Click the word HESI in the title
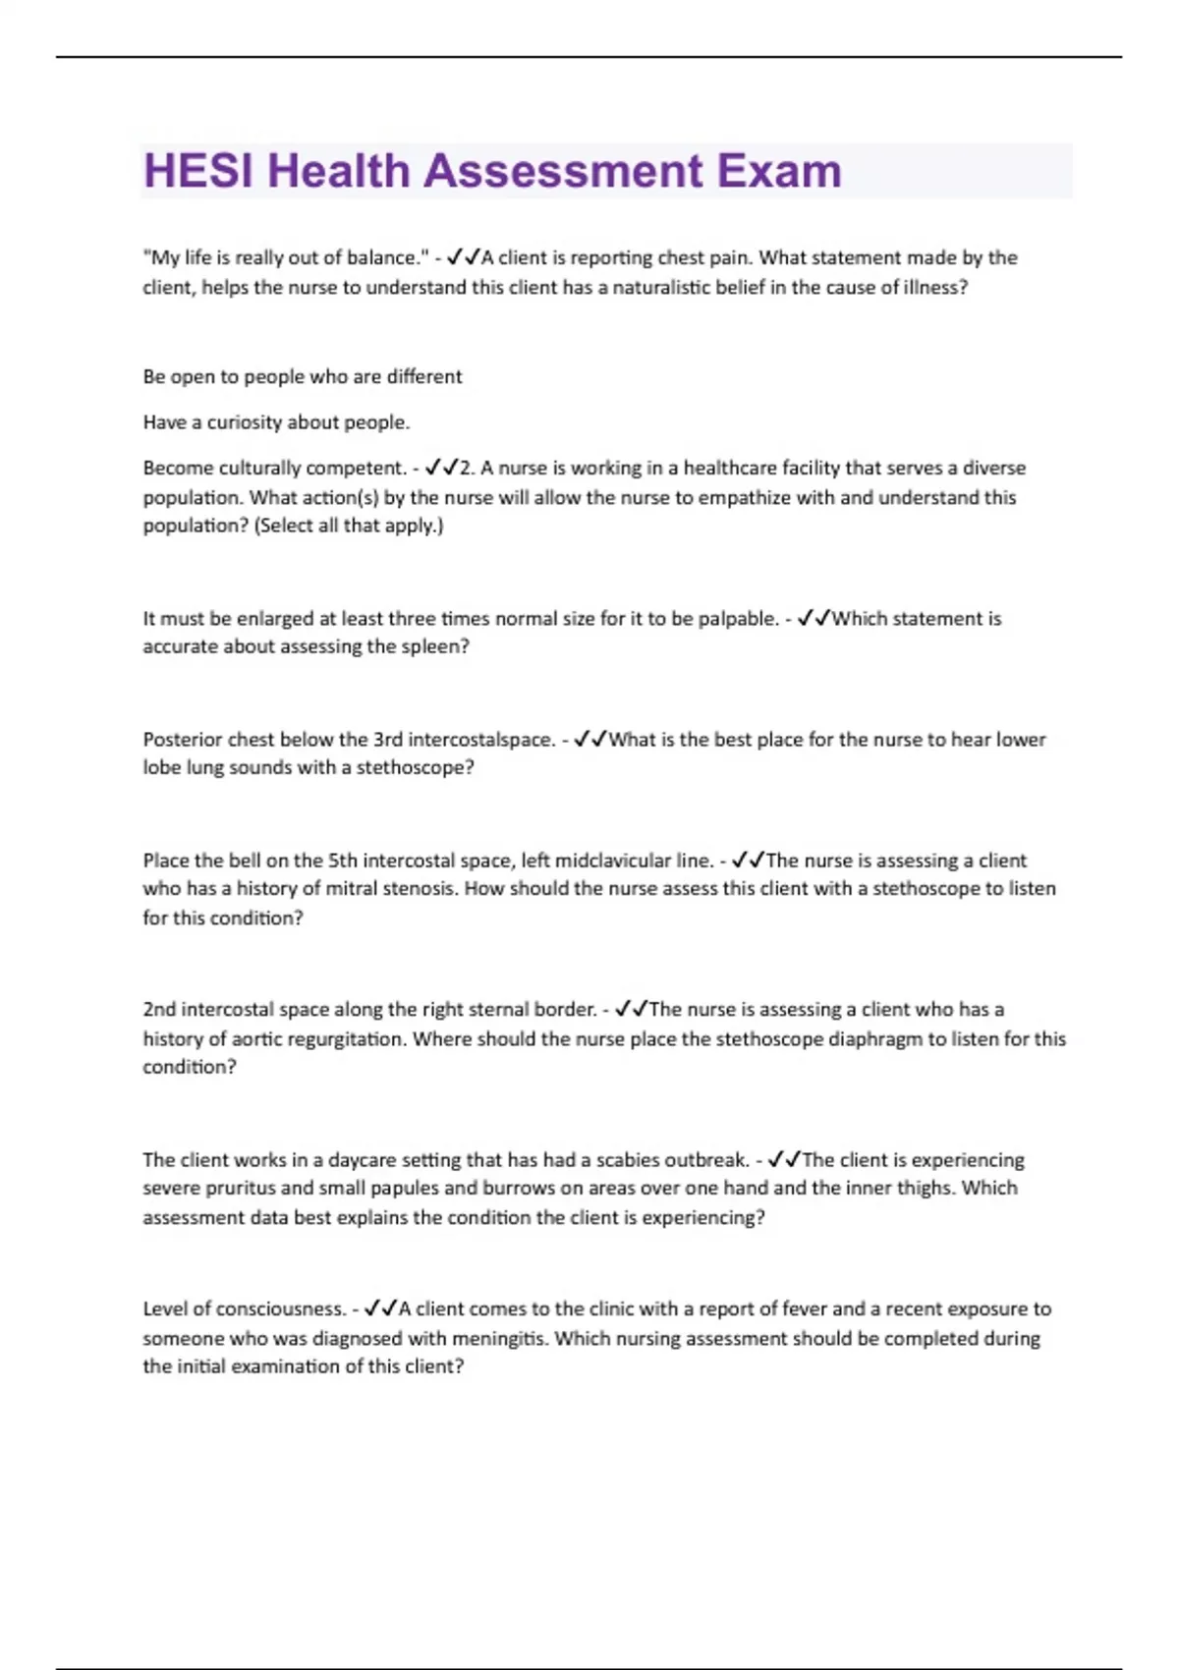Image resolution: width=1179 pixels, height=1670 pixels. (199, 171)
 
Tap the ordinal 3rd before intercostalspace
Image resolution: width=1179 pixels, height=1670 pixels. (388, 740)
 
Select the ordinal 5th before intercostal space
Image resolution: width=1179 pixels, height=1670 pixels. (343, 861)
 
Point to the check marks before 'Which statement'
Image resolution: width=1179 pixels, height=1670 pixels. (814, 619)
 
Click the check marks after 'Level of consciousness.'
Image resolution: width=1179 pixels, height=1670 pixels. (380, 1309)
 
